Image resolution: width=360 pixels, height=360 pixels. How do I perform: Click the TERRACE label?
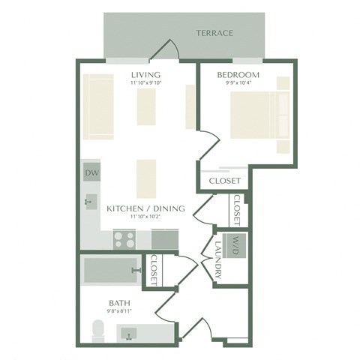[x=214, y=33]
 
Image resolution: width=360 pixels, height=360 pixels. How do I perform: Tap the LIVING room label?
[x=145, y=75]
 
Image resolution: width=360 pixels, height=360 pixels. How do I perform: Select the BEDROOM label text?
[x=238, y=75]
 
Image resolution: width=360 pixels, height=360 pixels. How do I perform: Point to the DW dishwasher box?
[x=91, y=173]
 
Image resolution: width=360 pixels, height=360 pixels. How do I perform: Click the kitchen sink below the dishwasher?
[x=91, y=201]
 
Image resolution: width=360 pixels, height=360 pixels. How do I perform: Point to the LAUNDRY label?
[x=218, y=259]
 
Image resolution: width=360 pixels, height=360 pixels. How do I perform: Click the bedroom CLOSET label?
[x=225, y=181]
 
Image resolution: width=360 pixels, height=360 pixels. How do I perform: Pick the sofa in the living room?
[x=97, y=107]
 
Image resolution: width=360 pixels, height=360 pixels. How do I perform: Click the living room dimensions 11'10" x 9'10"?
[x=145, y=83]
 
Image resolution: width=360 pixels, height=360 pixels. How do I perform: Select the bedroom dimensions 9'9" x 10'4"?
[x=238, y=83]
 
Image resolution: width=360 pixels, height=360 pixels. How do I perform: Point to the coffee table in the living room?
[x=145, y=107]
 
